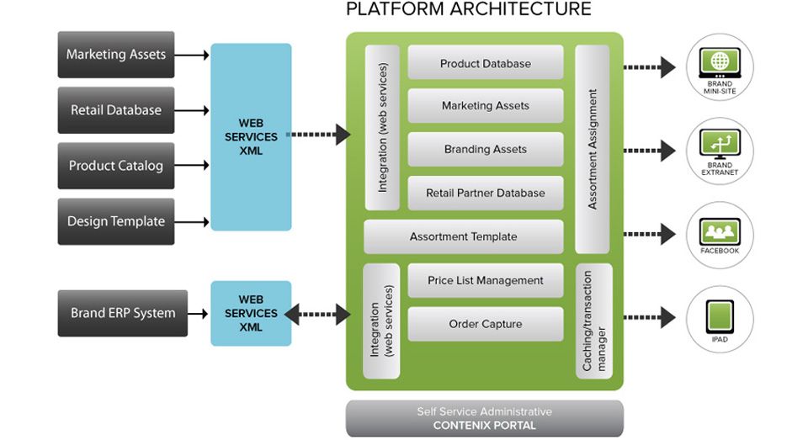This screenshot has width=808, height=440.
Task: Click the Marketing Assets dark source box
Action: pyautogui.click(x=116, y=55)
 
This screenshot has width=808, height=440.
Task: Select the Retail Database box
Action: pyautogui.click(x=116, y=110)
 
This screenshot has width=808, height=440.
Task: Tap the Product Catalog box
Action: pyautogui.click(x=116, y=166)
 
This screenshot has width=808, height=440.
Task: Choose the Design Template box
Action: pyautogui.click(x=116, y=221)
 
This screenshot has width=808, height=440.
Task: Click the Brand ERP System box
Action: pyautogui.click(x=123, y=313)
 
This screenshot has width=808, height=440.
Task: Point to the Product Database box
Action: pyautogui.click(x=486, y=63)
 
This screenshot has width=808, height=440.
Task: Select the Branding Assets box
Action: pyautogui.click(x=486, y=149)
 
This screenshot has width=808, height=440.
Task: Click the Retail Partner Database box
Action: pyautogui.click(x=486, y=193)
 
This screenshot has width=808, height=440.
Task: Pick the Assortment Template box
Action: pyautogui.click(x=463, y=236)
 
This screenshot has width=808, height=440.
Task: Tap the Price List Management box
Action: pyautogui.click(x=486, y=280)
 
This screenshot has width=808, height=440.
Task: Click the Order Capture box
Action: pyautogui.click(x=486, y=324)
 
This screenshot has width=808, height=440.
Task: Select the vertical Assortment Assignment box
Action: pyautogui.click(x=592, y=149)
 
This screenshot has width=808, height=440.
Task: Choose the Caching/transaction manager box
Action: pyautogui.click(x=592, y=321)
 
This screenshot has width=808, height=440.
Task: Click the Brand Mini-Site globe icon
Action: pyautogui.click(x=720, y=62)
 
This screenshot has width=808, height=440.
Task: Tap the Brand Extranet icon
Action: pyautogui.click(x=720, y=145)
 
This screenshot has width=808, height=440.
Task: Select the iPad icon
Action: pyautogui.click(x=720, y=316)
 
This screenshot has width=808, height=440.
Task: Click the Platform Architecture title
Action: pyautogui.click(x=469, y=10)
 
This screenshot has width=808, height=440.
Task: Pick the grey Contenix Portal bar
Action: pyautogui.click(x=485, y=418)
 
